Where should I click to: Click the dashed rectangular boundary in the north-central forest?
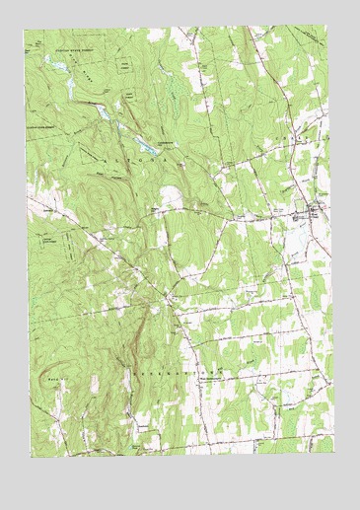pos(127,64)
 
